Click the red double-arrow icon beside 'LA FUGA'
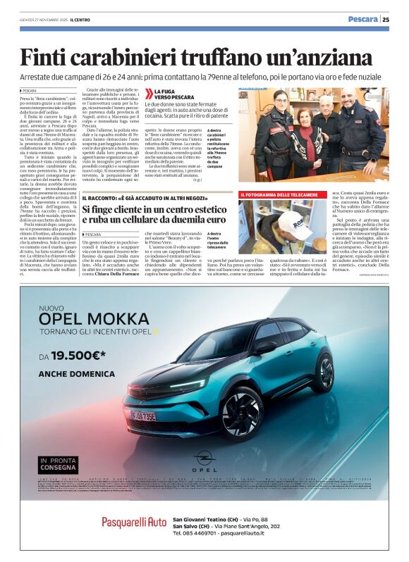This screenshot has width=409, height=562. (149, 93)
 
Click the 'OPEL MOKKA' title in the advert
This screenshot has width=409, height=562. (99, 319)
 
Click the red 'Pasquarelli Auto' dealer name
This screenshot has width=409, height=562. (134, 521)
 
